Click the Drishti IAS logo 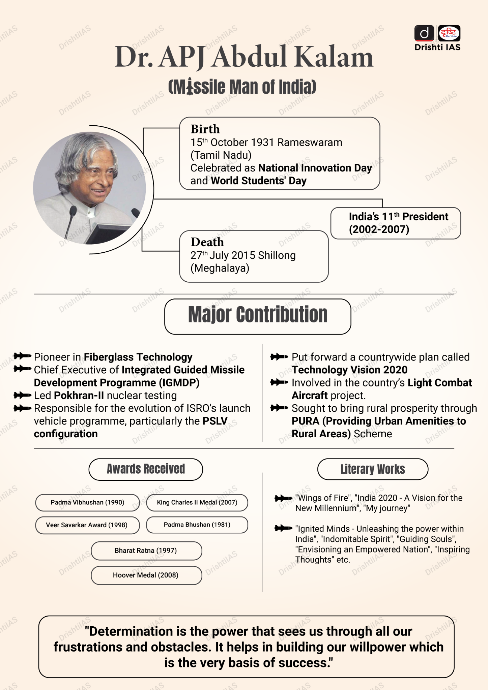[x=437, y=38]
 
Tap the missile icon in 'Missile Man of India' [x=190, y=87]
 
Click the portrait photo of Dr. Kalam [x=90, y=188]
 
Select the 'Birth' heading [x=205, y=129]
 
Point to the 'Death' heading [x=207, y=242]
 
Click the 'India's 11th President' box [x=395, y=223]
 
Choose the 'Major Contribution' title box [x=258, y=316]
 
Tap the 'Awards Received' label [x=146, y=469]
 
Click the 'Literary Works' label [x=373, y=469]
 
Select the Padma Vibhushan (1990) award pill [x=87, y=502]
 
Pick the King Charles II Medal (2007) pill [x=197, y=502]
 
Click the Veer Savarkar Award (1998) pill [x=87, y=525]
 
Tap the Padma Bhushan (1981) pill [x=197, y=525]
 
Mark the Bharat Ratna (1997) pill [x=146, y=551]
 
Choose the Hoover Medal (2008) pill [x=146, y=575]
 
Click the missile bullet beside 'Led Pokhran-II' [x=23, y=395]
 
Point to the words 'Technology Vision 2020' [x=349, y=370]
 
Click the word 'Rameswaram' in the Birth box [x=310, y=143]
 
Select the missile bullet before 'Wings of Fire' [x=283, y=498]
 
